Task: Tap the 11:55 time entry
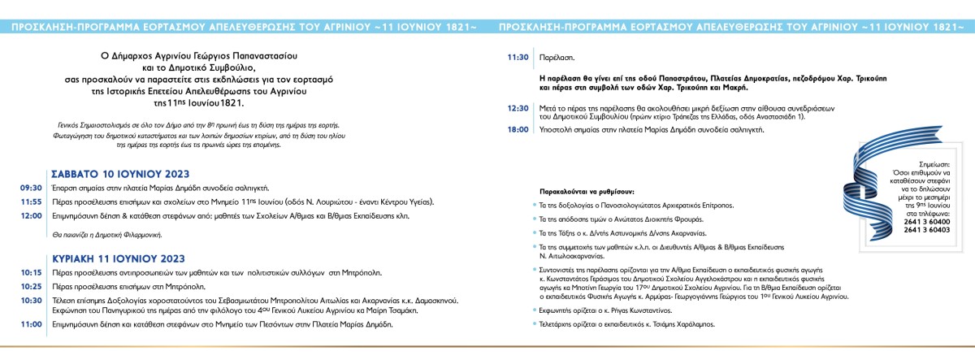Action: [32, 202]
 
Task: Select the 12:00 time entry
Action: [32, 215]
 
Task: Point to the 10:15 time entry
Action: [32, 271]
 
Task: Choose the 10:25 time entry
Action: [32, 287]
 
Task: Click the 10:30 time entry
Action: [32, 300]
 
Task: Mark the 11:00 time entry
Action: [32, 323]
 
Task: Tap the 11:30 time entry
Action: [518, 58]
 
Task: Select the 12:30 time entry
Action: [518, 107]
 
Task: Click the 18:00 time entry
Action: [518, 128]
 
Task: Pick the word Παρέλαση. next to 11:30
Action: [557, 58]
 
